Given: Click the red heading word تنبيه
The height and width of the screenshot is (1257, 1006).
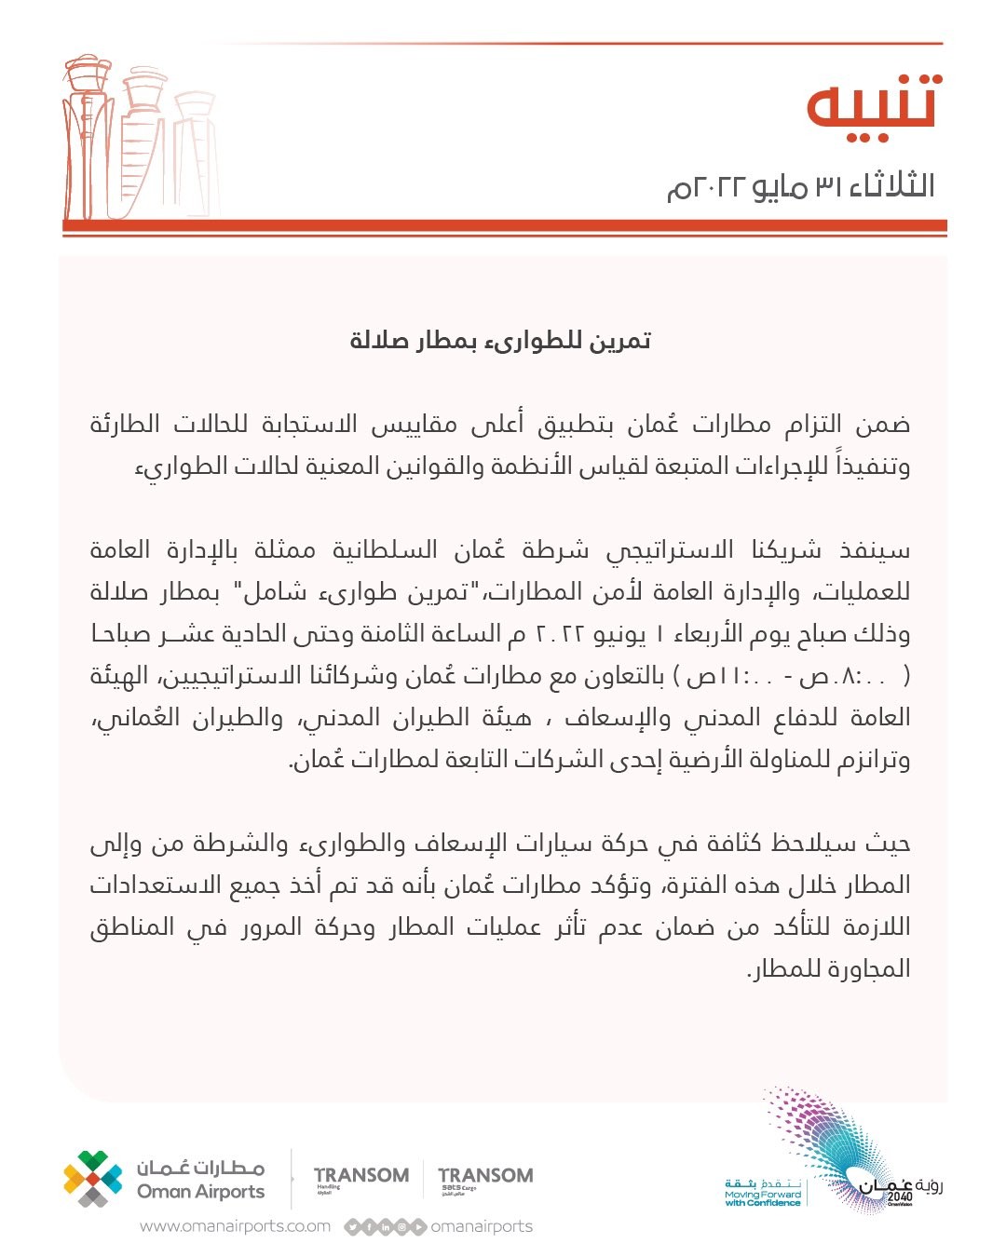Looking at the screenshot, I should pos(874,102).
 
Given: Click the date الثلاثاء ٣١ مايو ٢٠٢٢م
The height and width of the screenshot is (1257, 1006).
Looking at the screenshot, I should pos(801,186).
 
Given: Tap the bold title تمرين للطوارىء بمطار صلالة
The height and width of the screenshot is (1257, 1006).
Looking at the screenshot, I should pos(500,341).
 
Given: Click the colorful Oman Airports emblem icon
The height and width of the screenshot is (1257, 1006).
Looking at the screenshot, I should pos(92,1179).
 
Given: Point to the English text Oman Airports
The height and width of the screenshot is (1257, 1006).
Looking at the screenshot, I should pos(200,1192).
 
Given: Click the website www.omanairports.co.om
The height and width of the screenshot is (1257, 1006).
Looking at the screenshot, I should pos(235,1226).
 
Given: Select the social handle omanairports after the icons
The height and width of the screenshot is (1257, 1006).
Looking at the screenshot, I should pos(482,1226).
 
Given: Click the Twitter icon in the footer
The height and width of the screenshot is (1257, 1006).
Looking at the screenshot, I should pos(352,1227).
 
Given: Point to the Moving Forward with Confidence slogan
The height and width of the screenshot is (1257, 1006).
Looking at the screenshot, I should pos(763,1198).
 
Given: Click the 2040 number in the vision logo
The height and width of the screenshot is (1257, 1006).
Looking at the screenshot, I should pos(900,1197).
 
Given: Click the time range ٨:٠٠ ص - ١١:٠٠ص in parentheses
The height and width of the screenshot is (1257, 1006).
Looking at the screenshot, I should pos(792,676).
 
